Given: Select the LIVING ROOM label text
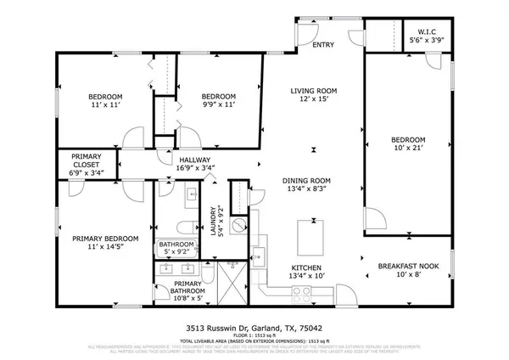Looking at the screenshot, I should click(314, 91).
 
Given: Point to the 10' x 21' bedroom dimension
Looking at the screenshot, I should click(407, 148).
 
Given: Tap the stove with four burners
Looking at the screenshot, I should click(302, 293).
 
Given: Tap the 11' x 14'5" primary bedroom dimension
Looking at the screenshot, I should click(103, 248).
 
